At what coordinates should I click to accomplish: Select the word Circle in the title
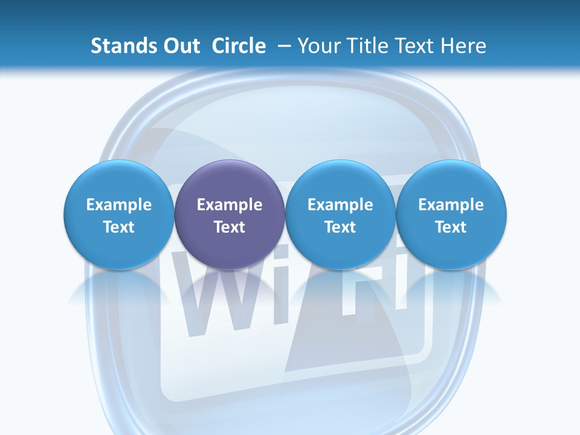point(239,46)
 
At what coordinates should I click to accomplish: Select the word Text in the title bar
point(416,46)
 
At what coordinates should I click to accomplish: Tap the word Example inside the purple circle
point(230,205)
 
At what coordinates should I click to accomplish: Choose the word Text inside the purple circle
point(230,227)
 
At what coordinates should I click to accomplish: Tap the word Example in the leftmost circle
point(119,205)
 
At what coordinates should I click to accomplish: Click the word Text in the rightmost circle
point(451,227)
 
